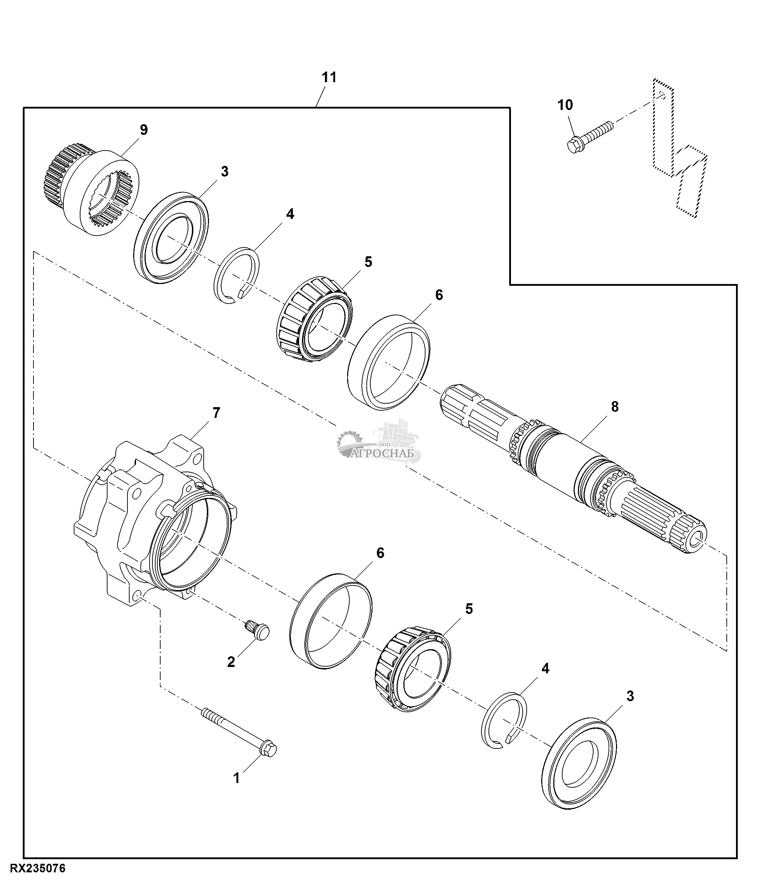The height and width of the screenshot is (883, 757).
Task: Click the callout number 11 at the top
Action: pos(329,78)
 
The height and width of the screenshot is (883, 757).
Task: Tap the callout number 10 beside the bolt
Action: pos(565,105)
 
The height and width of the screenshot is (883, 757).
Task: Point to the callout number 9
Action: pos(143,130)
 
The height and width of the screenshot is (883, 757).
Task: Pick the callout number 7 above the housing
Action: pos(216,413)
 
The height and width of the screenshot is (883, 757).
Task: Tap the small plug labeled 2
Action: pos(257,633)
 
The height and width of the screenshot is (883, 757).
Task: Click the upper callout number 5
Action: pos(368,262)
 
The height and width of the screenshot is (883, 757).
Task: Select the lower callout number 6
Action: pos(380,553)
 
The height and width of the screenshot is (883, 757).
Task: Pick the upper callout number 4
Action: pos(290,214)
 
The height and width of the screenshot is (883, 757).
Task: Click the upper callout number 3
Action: pos(224,172)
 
